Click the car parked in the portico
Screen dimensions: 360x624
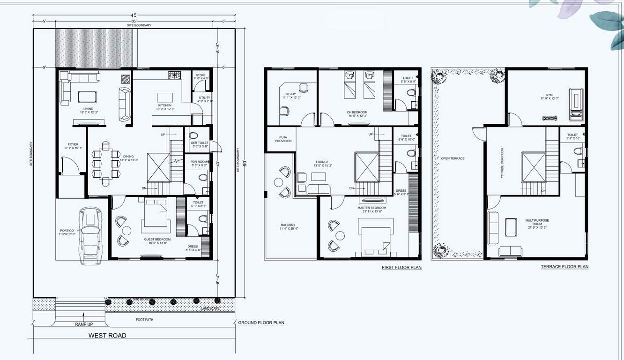(x=91, y=236)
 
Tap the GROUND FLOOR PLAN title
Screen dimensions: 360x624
(x=261, y=322)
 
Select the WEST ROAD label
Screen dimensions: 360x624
(x=107, y=335)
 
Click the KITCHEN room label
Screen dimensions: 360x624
(x=165, y=105)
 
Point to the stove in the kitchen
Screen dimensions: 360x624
(x=174, y=75)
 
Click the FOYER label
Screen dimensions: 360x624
(x=73, y=144)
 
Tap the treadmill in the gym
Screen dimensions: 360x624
(x=575, y=102)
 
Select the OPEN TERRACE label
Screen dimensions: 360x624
(x=453, y=158)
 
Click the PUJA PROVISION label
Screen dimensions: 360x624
(x=283, y=139)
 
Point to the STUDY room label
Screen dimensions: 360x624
(x=290, y=94)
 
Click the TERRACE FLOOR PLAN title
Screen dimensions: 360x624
(x=565, y=267)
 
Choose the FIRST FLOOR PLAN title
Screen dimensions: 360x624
(x=401, y=268)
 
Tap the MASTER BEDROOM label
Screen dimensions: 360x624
(x=372, y=208)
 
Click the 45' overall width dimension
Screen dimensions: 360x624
(x=134, y=15)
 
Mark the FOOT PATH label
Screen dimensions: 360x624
(x=145, y=320)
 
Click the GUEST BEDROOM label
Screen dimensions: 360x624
(x=157, y=240)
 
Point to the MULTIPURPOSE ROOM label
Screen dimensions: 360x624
(x=537, y=222)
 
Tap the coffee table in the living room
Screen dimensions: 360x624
(x=88, y=97)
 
